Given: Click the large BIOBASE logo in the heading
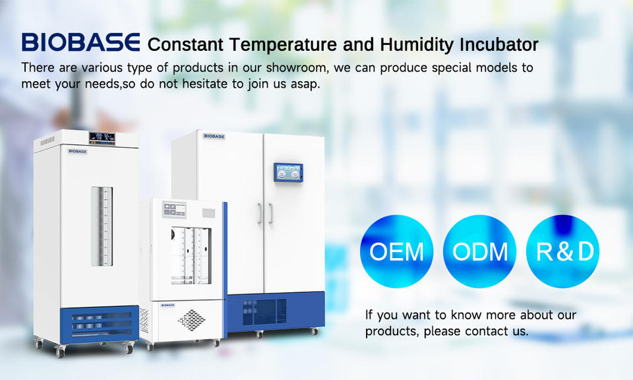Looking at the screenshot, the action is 80,42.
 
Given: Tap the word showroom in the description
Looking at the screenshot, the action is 296,67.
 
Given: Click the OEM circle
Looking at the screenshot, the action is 396,251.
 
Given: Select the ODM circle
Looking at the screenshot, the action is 479,251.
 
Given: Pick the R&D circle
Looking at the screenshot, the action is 562,251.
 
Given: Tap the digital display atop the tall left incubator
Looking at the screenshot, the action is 102,138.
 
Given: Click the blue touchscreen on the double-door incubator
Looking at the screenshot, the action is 288,172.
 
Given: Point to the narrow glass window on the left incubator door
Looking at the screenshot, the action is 102,226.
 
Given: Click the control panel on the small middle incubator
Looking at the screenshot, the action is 174,210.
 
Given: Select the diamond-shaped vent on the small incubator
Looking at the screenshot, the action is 192,320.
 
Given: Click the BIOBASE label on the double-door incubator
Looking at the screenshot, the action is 214,137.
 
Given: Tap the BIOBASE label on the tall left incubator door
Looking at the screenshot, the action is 78,152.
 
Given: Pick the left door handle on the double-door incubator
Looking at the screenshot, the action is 260,214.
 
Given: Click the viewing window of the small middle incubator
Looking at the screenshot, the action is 191,255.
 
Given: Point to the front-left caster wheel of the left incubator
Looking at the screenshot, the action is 60,353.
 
